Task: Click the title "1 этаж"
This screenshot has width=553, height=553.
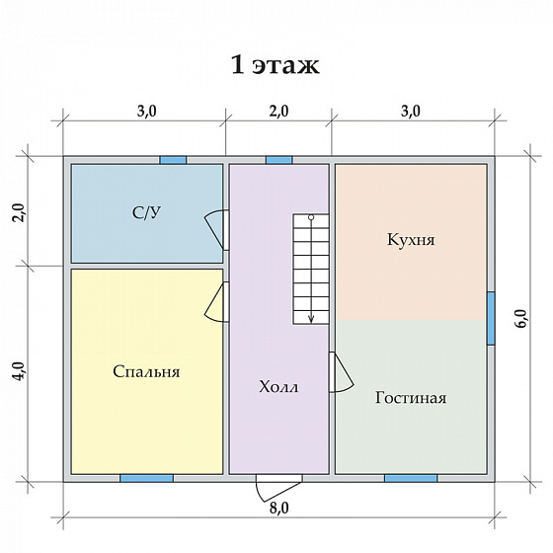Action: (x=276, y=65)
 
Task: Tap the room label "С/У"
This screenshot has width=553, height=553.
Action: (x=147, y=213)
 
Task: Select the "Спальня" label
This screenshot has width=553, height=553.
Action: (x=146, y=371)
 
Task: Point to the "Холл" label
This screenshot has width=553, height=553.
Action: (x=278, y=386)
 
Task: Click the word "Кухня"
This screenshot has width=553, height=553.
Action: (x=411, y=240)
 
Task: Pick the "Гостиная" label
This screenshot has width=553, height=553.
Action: (x=411, y=397)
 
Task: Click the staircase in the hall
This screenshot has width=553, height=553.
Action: (x=311, y=269)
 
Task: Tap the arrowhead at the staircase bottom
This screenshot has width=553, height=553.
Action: (x=311, y=318)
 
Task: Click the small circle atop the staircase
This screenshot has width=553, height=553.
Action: (x=311, y=217)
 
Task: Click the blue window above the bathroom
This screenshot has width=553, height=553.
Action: (x=173, y=160)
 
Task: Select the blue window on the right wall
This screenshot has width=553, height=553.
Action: (x=491, y=318)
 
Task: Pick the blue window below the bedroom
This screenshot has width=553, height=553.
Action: (x=147, y=478)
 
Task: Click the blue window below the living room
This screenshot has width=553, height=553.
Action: (x=411, y=478)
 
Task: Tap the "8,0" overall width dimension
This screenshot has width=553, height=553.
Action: (x=278, y=509)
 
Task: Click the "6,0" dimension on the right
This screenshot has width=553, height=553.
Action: (x=522, y=318)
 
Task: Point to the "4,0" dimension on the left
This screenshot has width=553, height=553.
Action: (x=20, y=371)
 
